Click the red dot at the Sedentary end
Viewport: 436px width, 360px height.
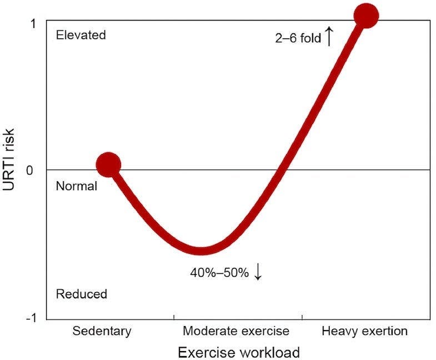[x=108, y=164]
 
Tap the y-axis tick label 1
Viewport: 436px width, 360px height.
[x=34, y=23]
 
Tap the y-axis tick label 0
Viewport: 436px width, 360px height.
[x=34, y=169]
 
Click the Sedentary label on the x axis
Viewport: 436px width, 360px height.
[x=102, y=332]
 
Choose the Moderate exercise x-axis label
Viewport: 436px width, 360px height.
[x=236, y=332]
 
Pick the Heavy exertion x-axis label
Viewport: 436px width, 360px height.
[x=364, y=332]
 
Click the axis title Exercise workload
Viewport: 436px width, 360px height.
[x=239, y=352]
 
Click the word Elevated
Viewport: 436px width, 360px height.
[x=81, y=35]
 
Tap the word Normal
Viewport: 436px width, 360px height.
[x=77, y=186]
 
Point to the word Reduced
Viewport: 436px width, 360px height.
[x=82, y=294]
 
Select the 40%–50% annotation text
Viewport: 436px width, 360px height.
[x=220, y=273]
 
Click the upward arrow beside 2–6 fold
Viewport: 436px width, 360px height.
[x=328, y=37]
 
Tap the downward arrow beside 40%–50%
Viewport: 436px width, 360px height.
[x=258, y=272]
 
